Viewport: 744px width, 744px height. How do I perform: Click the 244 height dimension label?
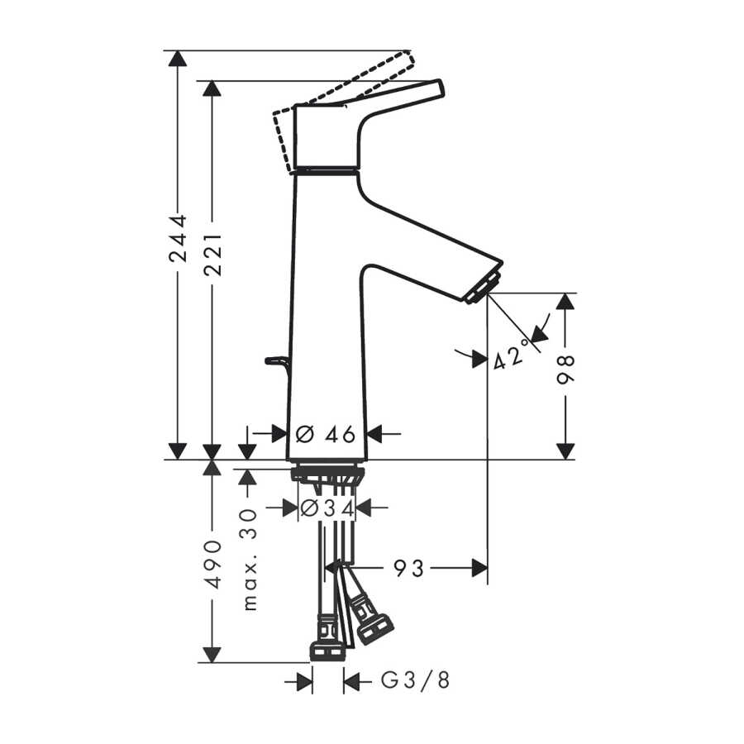coord(178,239)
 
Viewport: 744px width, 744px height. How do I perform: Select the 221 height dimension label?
coord(212,254)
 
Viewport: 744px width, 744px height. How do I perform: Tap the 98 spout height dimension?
coord(565,370)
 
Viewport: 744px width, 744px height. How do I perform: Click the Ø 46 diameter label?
coord(326,434)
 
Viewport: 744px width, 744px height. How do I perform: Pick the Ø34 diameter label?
coord(327,508)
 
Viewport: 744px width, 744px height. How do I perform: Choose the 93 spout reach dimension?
coord(408,567)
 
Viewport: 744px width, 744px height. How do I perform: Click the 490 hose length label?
coord(212,564)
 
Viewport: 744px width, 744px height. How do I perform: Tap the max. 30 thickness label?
coord(249,560)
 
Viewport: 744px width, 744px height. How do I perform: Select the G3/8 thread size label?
coord(415,681)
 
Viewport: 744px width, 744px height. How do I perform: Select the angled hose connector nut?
coord(374,627)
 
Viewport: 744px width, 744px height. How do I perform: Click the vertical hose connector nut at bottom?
coord(327,651)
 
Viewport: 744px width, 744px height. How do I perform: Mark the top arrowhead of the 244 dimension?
coord(178,58)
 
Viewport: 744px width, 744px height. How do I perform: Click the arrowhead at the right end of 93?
coord(479,567)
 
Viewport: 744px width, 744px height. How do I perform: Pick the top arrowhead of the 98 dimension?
coord(565,301)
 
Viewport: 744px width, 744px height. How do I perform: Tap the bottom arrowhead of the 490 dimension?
coord(212,655)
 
